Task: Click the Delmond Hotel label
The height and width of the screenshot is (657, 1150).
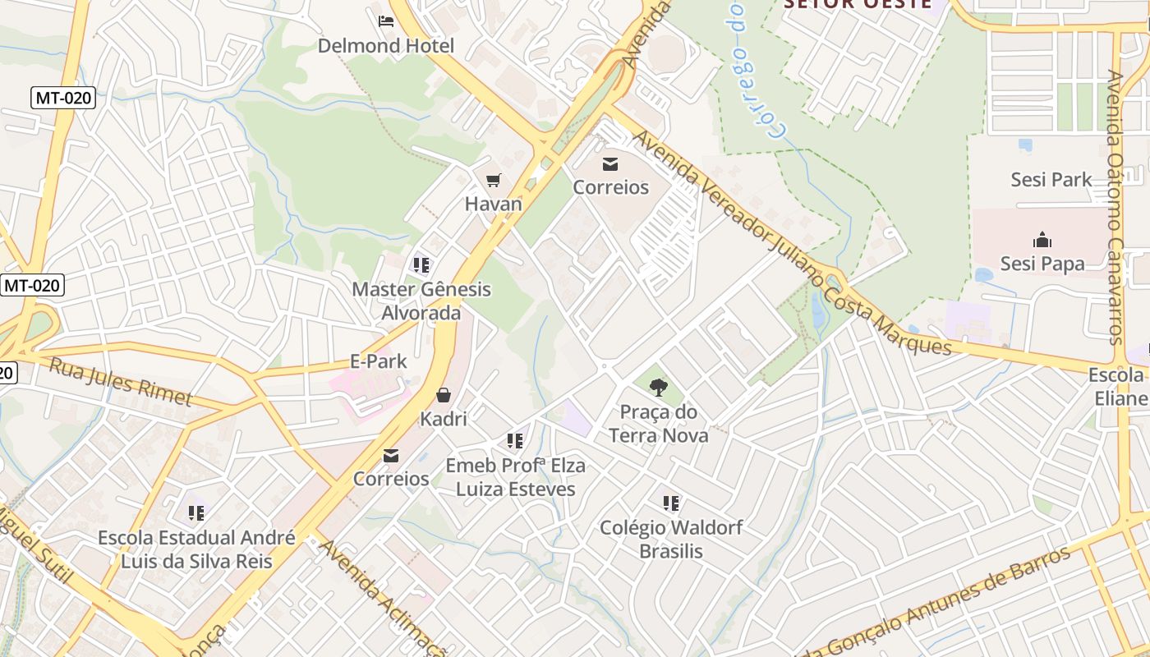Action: (385, 45)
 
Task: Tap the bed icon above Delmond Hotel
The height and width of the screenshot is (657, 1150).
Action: (385, 21)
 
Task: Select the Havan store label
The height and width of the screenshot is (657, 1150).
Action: (493, 204)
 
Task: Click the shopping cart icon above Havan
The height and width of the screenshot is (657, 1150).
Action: (493, 181)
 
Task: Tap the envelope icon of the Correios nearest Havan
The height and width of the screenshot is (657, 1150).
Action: (610, 164)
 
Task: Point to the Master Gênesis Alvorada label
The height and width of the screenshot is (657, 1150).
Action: (421, 301)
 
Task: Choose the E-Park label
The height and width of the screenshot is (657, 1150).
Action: (379, 361)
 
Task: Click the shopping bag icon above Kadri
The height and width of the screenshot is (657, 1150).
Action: (444, 395)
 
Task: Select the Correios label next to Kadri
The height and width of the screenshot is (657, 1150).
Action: (391, 478)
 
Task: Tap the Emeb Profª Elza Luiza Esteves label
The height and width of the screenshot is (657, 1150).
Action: (515, 477)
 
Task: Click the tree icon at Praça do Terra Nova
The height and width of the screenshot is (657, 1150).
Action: (658, 388)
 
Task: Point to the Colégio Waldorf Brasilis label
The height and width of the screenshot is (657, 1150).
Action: (671, 539)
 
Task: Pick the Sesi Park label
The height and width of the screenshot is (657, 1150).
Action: (1051, 179)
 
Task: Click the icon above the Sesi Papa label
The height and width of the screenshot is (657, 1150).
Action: (1042, 241)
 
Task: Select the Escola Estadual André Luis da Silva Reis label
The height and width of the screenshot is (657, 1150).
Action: (196, 549)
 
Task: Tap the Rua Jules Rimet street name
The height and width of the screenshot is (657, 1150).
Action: (120, 382)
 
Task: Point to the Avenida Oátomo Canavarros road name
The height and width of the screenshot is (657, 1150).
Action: (1115, 205)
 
